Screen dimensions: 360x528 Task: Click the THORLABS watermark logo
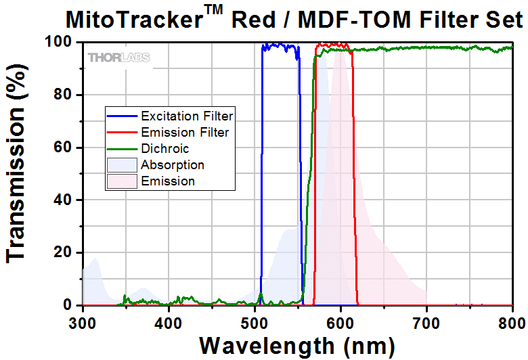click(x=118, y=58)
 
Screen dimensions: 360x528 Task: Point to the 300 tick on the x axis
click(x=83, y=321)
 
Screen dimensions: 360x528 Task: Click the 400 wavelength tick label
click(x=169, y=321)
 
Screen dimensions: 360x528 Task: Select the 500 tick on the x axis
click(x=255, y=321)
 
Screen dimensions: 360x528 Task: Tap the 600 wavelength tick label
click(x=340, y=321)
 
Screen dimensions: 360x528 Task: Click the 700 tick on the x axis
click(x=426, y=321)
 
